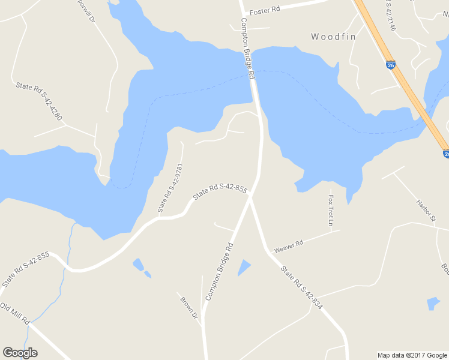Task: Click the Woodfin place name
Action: [x=333, y=37]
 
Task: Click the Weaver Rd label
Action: [x=289, y=246]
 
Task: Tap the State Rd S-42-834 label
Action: [x=302, y=289]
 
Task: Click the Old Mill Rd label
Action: [x=15, y=314]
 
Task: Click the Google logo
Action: [x=20, y=353]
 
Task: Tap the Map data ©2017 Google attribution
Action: [x=412, y=355]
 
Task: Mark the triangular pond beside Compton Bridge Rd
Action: [x=244, y=267]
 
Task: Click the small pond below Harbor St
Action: [x=433, y=303]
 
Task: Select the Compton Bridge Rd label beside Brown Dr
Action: [x=219, y=271]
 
